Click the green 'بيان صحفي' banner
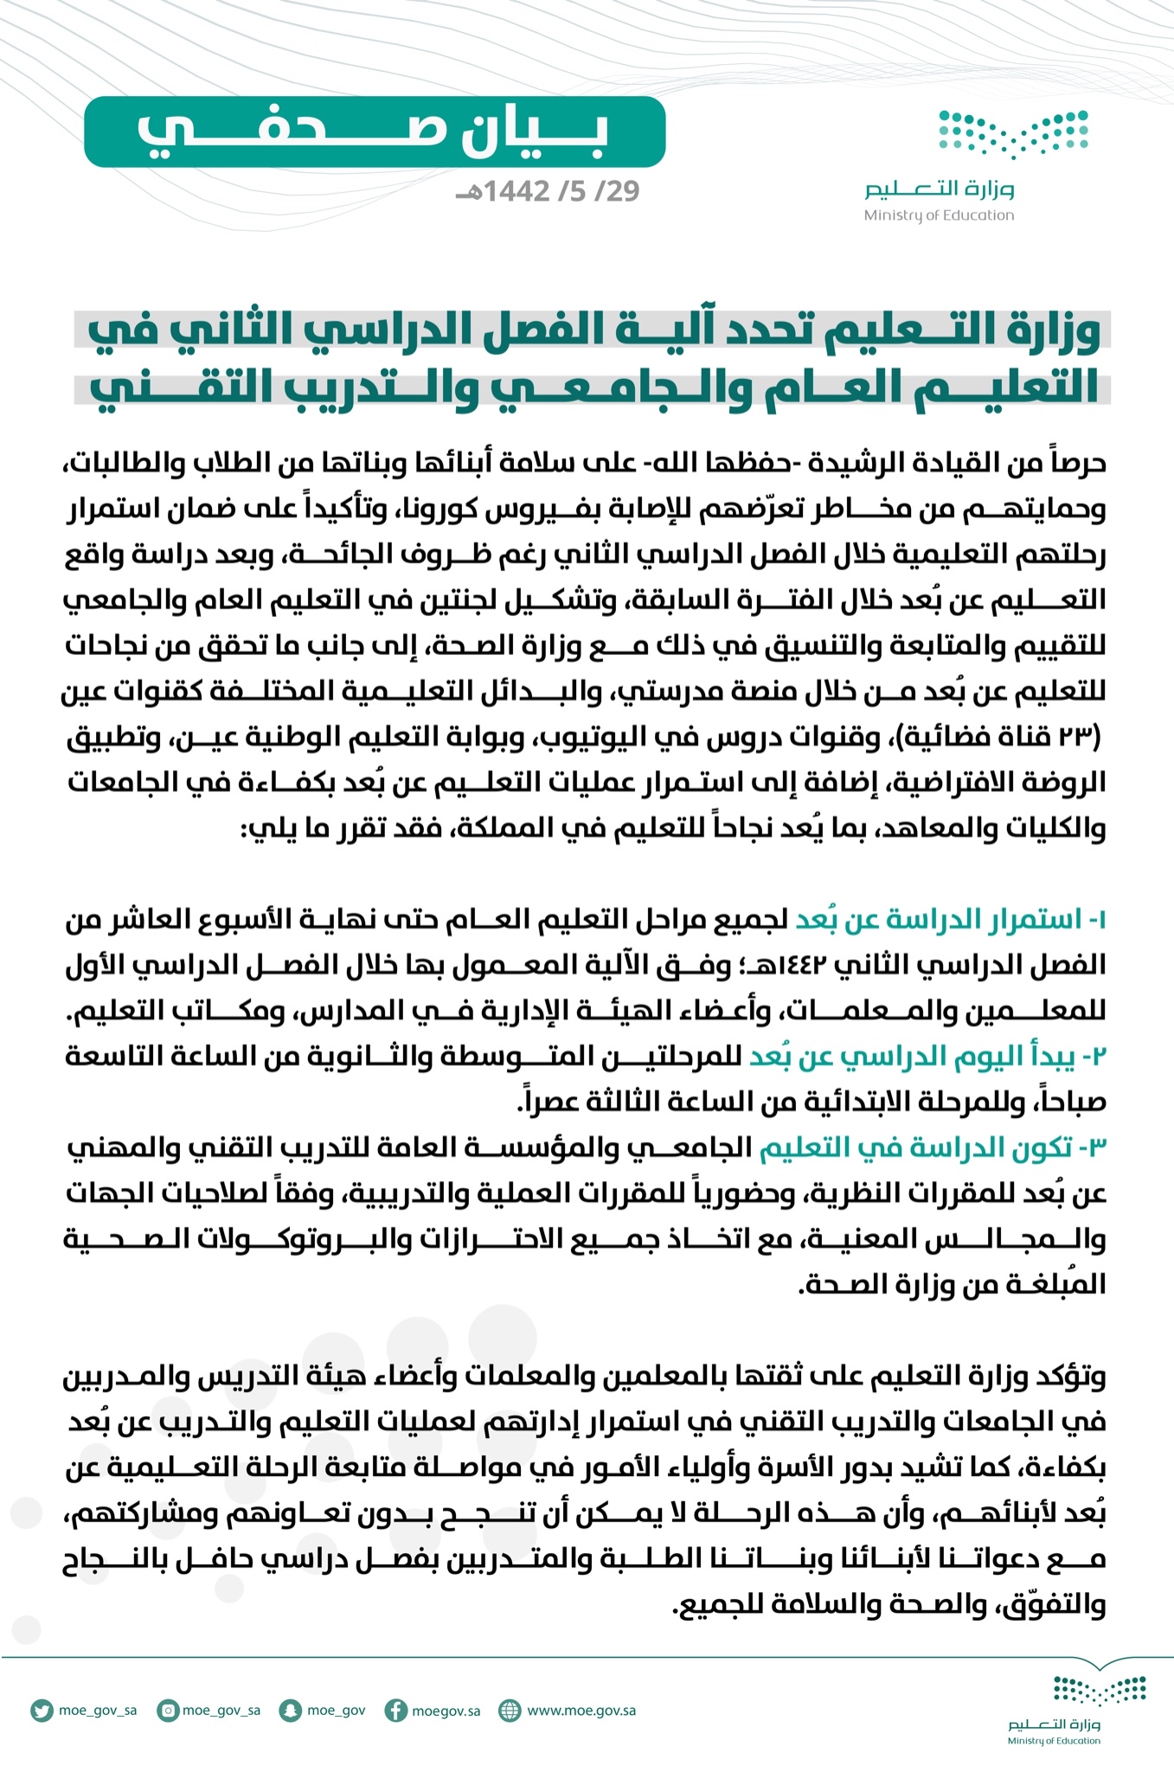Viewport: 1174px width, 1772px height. tap(374, 132)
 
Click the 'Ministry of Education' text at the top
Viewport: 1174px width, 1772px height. tap(939, 215)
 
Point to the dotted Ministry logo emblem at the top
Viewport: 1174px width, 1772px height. tap(1014, 135)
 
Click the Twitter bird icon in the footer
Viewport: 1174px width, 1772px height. tap(41, 1711)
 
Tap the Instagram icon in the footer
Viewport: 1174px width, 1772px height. tap(169, 1711)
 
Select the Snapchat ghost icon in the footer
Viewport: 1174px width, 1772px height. tap(288, 1711)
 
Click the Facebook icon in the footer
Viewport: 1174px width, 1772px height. tap(396, 1711)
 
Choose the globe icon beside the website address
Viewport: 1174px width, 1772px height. tap(510, 1711)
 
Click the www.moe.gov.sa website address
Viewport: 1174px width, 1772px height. tap(581, 1711)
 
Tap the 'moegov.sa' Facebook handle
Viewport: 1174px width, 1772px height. tap(446, 1711)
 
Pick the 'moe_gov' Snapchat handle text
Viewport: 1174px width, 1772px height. tap(336, 1711)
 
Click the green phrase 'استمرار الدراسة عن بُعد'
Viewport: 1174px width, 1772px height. tap(939, 920)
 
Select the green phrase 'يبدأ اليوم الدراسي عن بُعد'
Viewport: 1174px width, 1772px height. tap(914, 1056)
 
